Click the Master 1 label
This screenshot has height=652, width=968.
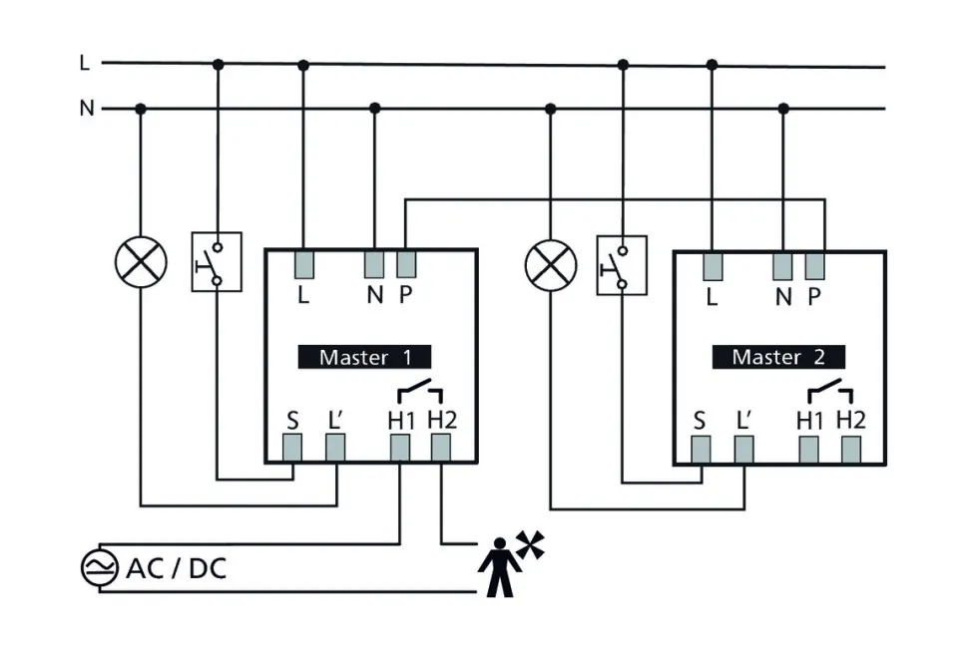click(x=364, y=356)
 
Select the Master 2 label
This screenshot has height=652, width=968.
click(x=778, y=356)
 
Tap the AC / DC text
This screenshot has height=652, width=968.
click(x=176, y=569)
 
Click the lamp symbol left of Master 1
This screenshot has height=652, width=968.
click(x=140, y=263)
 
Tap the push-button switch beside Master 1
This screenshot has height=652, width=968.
click(x=217, y=262)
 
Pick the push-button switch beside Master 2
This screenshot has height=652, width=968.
click(x=621, y=264)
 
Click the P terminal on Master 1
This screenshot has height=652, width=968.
click(x=406, y=263)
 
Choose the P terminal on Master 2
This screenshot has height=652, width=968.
click(x=815, y=264)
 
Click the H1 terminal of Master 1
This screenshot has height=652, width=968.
click(x=400, y=449)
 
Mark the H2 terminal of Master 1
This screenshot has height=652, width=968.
click(x=441, y=449)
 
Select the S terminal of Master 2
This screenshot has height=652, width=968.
click(x=701, y=451)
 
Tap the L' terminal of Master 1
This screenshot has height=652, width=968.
click(x=335, y=449)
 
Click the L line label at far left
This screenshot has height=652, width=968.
click(x=85, y=63)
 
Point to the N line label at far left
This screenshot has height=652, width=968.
click(x=87, y=108)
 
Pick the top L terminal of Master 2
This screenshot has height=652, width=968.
click(x=712, y=264)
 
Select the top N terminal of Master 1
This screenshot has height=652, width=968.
click(x=374, y=263)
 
